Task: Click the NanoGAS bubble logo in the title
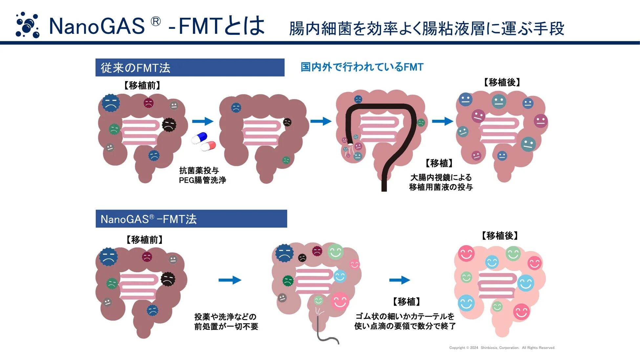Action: tap(28, 25)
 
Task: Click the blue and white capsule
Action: tap(200, 138)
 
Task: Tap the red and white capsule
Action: tap(209, 145)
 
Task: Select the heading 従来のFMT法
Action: tap(136, 68)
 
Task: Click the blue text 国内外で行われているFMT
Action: tap(362, 67)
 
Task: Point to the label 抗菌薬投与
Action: tap(199, 170)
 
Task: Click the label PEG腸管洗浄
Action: tap(203, 180)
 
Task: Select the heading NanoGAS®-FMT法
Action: tap(148, 219)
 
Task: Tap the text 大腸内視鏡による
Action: tap(441, 177)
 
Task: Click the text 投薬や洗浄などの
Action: tap(225, 317)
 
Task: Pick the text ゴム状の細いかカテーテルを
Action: tap(405, 316)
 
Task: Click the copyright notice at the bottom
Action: tap(502, 348)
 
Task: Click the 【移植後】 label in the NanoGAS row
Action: tap(500, 236)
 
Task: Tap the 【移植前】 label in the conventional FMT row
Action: tap(142, 85)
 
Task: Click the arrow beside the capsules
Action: tap(203, 121)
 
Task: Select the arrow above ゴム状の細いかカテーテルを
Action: tap(399, 280)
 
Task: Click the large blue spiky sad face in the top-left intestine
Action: tap(111, 103)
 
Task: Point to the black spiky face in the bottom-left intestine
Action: tap(168, 279)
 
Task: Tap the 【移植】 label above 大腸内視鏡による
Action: tap(439, 163)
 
